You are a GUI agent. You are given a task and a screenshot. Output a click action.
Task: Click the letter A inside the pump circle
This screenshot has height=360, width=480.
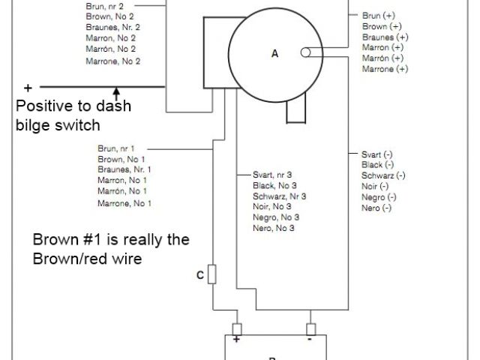click(x=274, y=54)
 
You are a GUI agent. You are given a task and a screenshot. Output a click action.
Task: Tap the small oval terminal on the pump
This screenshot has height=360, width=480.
click(x=306, y=53)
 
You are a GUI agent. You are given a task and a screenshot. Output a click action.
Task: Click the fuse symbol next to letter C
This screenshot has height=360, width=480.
click(x=212, y=274)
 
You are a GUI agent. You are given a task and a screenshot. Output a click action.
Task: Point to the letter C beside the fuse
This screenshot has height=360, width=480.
click(x=200, y=275)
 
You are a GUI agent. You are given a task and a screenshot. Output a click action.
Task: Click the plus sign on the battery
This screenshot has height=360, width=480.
click(x=236, y=340)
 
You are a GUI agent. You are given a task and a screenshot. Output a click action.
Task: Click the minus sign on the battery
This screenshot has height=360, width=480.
click(x=310, y=340)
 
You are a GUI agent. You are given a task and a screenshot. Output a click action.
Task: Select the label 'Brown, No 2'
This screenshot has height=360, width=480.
click(x=110, y=16)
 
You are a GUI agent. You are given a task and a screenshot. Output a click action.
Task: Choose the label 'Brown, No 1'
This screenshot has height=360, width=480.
click(x=121, y=159)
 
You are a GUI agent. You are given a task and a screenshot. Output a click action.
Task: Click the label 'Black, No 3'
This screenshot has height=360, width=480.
click(x=274, y=185)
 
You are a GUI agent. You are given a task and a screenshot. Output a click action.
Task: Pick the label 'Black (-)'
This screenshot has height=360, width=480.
click(x=377, y=164)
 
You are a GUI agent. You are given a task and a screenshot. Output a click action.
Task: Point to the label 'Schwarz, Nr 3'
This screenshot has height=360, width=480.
click(x=280, y=196)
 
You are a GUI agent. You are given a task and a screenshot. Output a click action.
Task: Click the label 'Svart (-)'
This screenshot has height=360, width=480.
click(x=377, y=154)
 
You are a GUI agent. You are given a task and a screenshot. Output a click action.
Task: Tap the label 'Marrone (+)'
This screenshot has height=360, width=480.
click(x=385, y=68)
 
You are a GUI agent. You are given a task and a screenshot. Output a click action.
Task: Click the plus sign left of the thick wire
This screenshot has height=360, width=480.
click(x=28, y=85)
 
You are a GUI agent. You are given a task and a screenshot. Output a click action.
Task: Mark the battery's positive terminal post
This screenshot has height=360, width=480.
click(x=238, y=329)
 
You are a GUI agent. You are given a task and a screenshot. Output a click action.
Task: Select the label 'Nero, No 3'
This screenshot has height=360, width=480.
click(x=274, y=228)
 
